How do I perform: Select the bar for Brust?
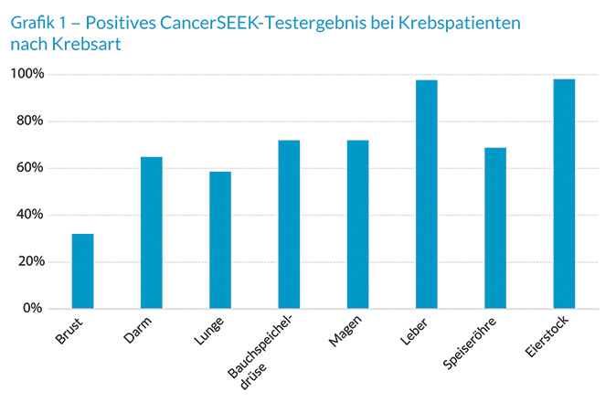coord(83,271)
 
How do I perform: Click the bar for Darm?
coord(152,233)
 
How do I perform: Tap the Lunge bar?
coord(220,240)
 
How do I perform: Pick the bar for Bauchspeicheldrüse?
coord(289,225)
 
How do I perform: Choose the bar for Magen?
coord(358,225)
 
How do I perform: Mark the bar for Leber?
coord(427,195)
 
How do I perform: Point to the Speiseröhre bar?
coord(495,228)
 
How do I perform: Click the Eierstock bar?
coord(564,194)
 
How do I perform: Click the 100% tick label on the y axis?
coord(28,74)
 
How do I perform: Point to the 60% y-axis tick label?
coord(31,168)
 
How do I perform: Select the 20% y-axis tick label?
coord(31,262)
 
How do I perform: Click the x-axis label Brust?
coord(70,333)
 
